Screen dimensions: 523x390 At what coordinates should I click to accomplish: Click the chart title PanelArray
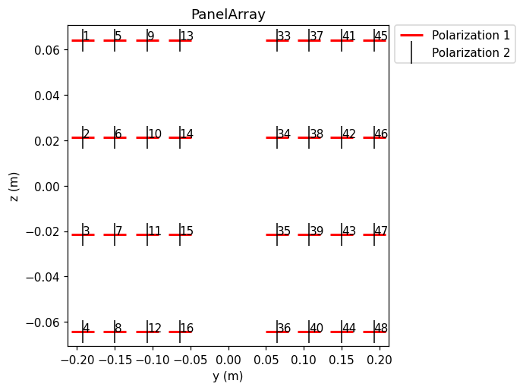[228, 14]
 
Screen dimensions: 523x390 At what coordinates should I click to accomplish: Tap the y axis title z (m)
[14, 187]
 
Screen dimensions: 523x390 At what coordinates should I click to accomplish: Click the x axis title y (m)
[228, 376]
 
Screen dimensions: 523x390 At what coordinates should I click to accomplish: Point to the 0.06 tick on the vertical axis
[47, 50]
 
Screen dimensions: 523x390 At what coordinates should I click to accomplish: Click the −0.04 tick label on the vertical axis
[43, 277]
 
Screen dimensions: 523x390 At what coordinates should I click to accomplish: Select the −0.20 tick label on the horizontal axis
[77, 360]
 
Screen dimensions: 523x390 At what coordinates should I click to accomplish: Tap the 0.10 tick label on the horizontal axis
[304, 360]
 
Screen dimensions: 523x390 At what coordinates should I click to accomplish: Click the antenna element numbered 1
[83, 40]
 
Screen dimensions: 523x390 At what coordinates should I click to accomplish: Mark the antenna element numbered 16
[180, 332]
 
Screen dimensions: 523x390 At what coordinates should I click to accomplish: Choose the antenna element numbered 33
[277, 40]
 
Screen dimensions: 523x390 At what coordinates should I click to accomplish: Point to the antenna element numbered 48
[374, 332]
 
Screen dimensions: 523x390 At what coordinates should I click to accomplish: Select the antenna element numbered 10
[147, 137]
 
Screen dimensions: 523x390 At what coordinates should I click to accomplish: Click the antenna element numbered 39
[309, 234]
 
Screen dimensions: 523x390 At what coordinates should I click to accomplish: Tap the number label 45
[381, 36]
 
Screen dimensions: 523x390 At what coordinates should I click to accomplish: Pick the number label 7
[118, 231]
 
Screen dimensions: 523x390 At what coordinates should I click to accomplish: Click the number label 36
[284, 328]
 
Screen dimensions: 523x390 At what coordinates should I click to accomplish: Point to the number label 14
[187, 134]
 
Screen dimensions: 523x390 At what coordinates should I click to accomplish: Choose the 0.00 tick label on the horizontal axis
[228, 360]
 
